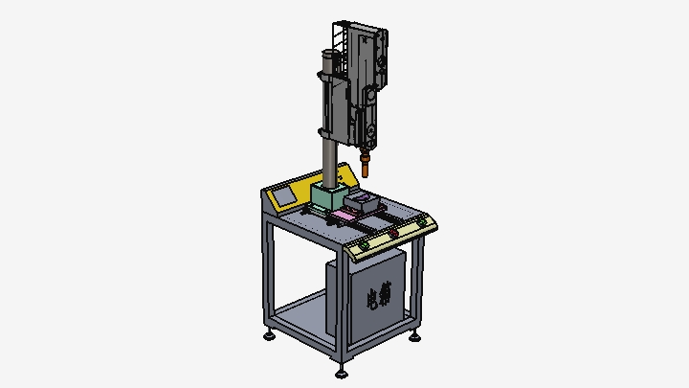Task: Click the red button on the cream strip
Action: click(393, 233)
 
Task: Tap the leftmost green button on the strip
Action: click(365, 245)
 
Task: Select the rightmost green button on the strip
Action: click(422, 221)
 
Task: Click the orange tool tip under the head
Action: click(365, 165)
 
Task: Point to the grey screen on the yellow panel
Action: click(283, 196)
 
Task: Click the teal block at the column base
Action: click(329, 196)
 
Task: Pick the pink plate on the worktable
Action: click(344, 216)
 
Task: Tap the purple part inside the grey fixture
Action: click(363, 198)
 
